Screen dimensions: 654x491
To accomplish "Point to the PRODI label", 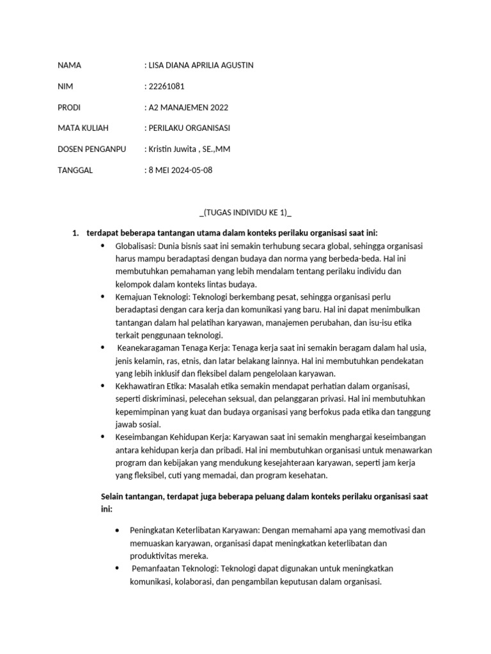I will (69, 107).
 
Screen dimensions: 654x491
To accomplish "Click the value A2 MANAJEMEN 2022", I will (188, 107).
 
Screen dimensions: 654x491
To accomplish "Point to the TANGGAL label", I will (75, 171).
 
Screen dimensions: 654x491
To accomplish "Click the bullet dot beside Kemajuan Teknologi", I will (104, 297).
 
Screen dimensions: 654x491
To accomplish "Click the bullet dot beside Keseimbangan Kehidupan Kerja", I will (104, 436).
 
